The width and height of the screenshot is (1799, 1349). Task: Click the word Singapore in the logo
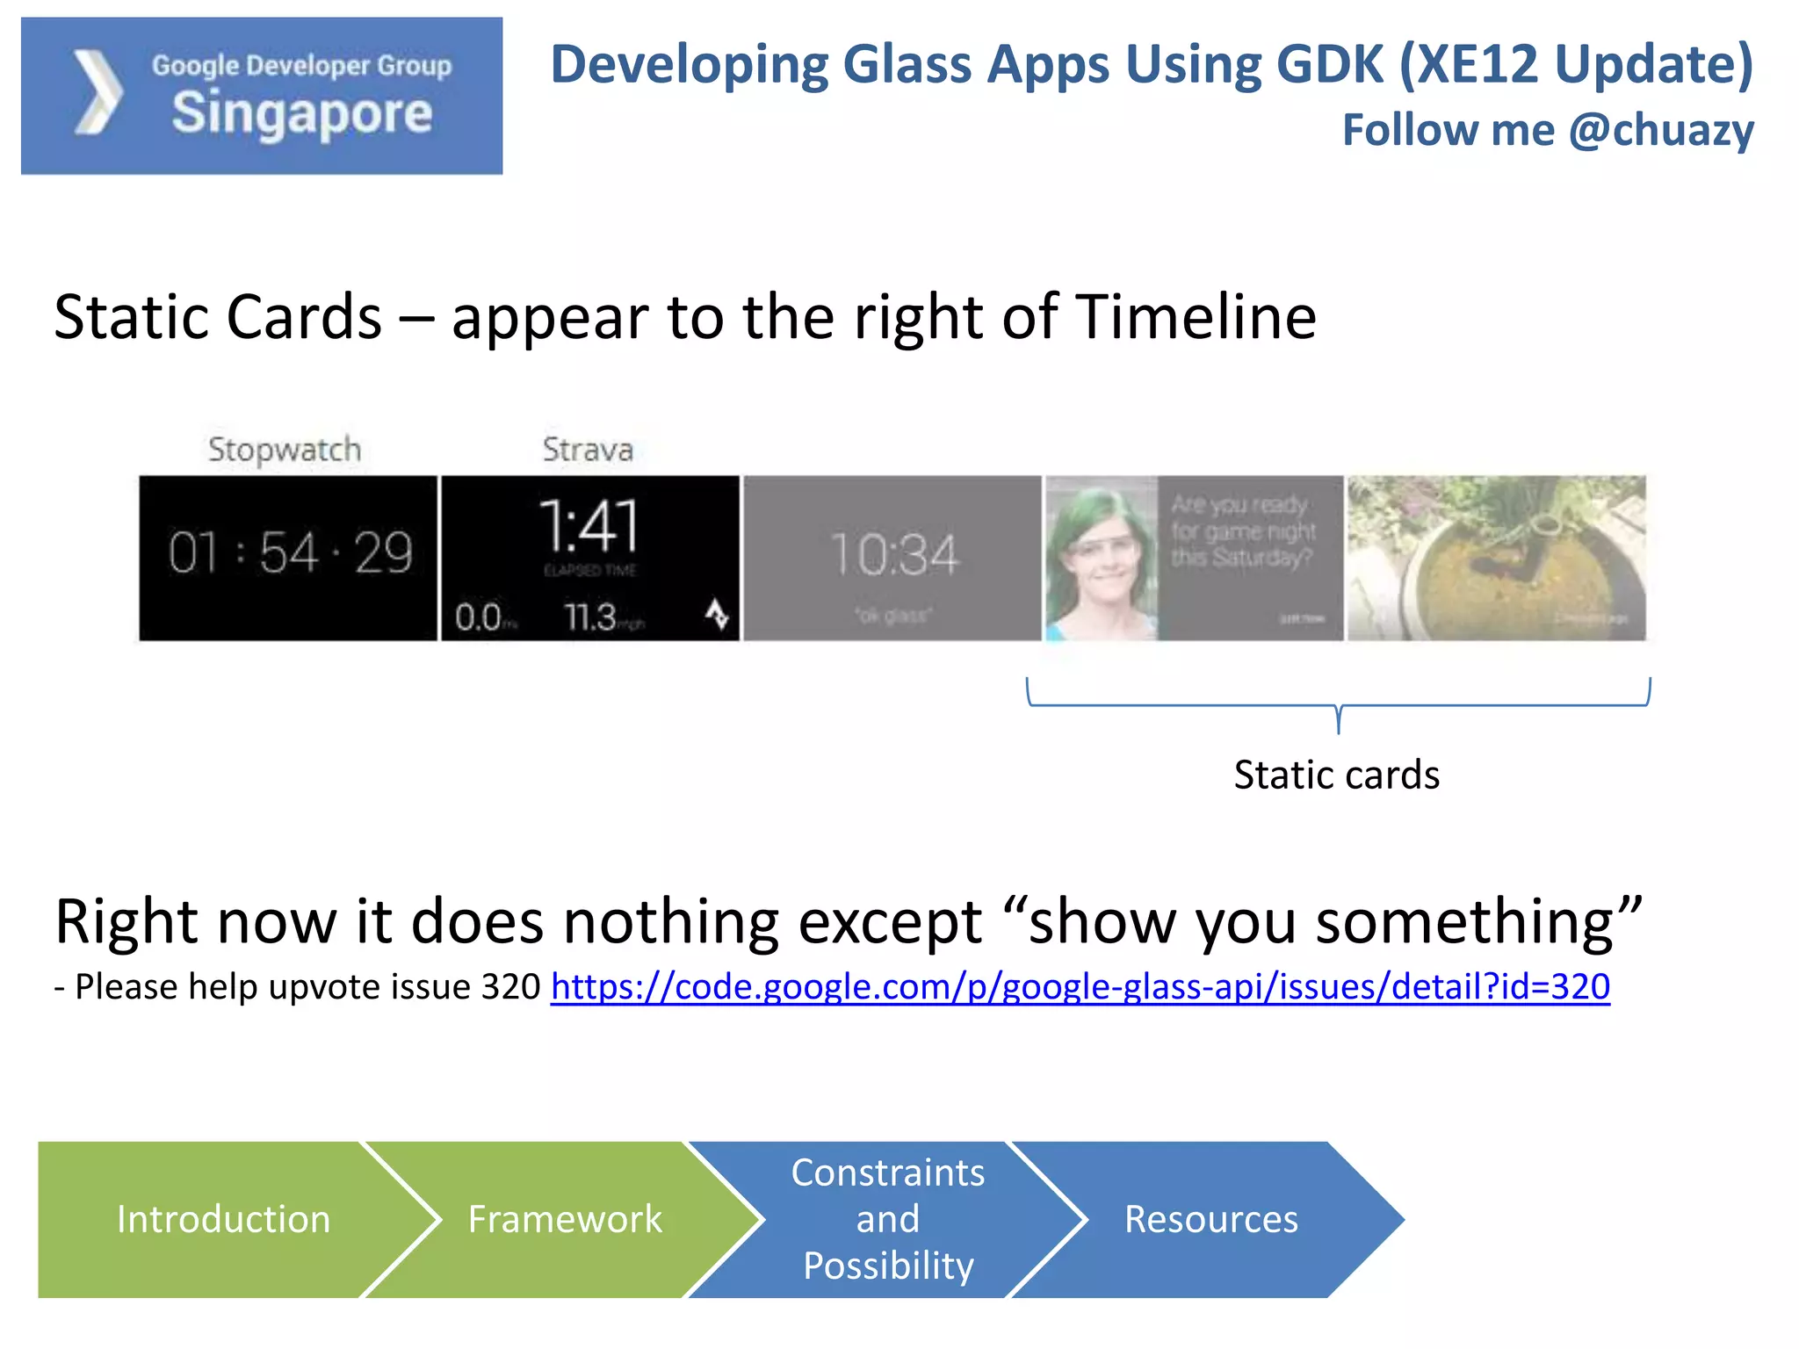click(301, 114)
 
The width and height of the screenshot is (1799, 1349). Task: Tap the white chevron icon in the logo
click(98, 93)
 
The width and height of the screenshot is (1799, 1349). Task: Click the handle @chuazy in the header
click(1661, 130)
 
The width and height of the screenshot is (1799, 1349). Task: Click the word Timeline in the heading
click(1196, 317)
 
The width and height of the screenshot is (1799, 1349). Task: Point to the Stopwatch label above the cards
click(284, 449)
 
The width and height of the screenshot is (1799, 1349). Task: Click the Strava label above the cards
click(587, 449)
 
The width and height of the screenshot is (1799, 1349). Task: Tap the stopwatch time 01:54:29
click(290, 553)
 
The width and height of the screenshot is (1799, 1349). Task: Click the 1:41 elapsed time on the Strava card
click(589, 525)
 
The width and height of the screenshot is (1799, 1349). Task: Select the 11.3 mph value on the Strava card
click(592, 617)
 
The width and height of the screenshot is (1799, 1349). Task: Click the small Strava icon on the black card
click(717, 614)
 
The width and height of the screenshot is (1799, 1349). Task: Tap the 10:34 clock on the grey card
click(893, 555)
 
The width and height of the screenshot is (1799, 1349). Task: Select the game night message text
click(1242, 531)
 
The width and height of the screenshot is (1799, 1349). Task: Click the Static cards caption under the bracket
click(1336, 775)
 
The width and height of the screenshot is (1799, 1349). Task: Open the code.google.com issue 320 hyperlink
click(1080, 987)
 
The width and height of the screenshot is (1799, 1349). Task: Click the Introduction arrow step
click(223, 1219)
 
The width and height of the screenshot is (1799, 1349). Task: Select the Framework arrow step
click(565, 1219)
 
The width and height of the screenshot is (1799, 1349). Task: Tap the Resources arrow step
click(1210, 1219)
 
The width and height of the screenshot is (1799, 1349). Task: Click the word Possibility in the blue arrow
click(888, 1266)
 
